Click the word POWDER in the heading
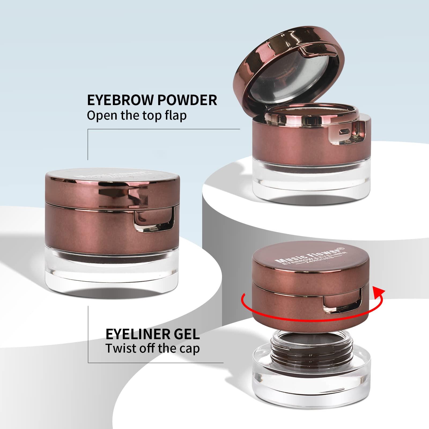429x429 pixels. click(x=187, y=100)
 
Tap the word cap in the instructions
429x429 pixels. click(x=190, y=349)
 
